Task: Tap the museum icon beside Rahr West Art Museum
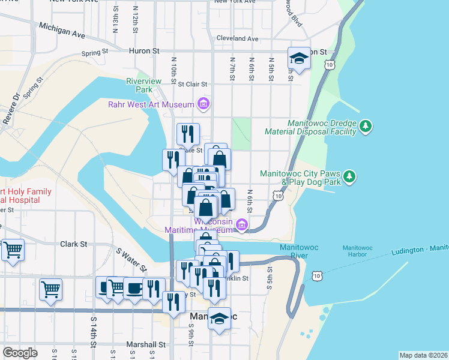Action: point(203,105)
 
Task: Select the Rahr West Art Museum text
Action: point(151,105)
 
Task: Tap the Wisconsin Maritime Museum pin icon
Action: point(242,226)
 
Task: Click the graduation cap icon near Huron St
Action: point(298,58)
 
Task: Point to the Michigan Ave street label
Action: point(62,31)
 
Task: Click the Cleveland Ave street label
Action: point(237,38)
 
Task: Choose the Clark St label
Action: point(74,245)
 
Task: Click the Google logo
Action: point(20,353)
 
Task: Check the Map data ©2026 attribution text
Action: point(423,355)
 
